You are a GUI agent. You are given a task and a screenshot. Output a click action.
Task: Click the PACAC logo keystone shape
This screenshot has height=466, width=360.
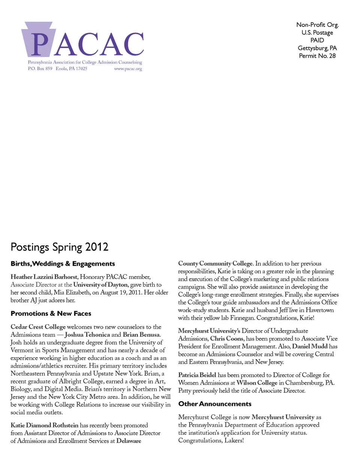39,39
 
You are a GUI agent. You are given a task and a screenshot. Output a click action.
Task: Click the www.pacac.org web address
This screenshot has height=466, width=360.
128,69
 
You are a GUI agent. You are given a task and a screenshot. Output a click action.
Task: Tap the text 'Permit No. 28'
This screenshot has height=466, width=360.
317,56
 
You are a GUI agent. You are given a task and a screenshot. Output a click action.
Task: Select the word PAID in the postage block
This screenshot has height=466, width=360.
317,40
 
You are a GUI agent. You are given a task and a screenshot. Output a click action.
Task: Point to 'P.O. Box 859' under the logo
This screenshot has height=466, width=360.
40,69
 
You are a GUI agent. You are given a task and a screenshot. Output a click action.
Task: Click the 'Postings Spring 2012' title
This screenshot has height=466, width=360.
60,247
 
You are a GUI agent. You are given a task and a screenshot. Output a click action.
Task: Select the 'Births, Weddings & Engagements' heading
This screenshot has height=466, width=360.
63,264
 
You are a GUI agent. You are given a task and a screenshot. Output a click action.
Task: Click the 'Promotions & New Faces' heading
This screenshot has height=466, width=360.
51,314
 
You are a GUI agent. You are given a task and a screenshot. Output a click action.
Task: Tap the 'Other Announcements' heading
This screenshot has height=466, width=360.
215,404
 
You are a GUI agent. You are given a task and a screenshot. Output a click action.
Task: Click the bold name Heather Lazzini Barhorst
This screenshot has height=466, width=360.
44,277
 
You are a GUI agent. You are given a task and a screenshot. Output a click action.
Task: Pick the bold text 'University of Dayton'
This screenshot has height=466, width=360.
100,285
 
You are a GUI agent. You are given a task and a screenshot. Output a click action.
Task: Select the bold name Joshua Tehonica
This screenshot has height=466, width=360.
87,335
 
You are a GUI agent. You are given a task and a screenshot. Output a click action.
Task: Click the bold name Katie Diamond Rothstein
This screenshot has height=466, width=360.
44,425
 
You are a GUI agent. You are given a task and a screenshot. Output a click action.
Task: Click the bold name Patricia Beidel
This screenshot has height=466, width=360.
197,375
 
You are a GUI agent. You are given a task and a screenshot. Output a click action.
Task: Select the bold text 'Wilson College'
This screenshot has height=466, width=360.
257,383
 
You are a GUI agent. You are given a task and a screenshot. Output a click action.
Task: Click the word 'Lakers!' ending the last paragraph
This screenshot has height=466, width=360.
234,440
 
